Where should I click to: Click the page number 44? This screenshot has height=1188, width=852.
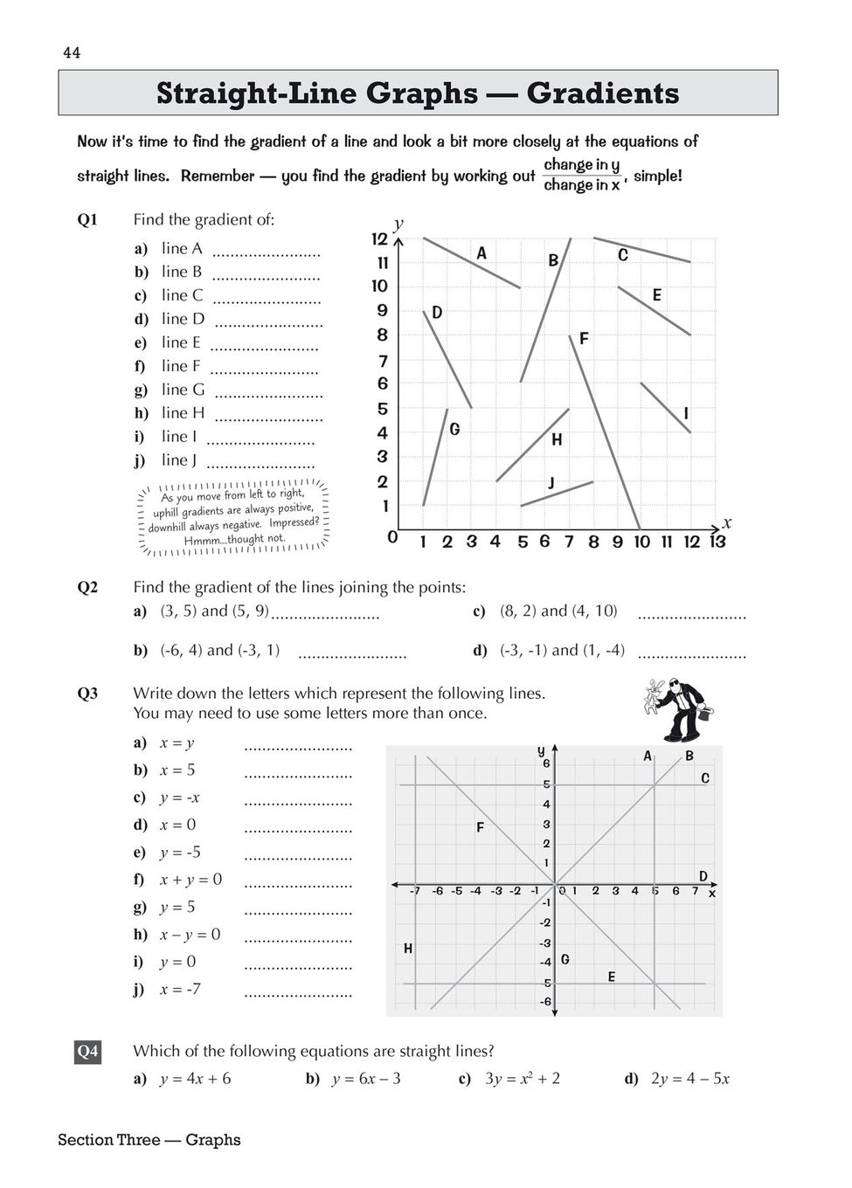(72, 53)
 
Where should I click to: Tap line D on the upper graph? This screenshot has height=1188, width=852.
(448, 359)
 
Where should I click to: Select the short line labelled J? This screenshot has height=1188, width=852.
(557, 494)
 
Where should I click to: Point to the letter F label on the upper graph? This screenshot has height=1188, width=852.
(584, 338)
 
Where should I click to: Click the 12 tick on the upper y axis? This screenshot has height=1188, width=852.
(379, 238)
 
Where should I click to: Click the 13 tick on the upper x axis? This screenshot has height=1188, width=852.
(717, 542)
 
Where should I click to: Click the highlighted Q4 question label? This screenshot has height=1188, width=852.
(87, 1051)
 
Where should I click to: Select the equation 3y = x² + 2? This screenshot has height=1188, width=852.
(523, 1079)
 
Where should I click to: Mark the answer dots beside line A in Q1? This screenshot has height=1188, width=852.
(267, 253)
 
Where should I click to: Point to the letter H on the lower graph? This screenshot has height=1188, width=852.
(408, 949)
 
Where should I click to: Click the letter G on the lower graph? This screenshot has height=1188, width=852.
(565, 959)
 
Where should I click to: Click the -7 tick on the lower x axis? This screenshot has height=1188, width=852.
(415, 892)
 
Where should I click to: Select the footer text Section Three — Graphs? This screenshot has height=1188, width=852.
(149, 1140)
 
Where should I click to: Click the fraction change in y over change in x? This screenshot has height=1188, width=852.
(581, 175)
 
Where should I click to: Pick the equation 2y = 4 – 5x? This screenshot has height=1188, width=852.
(690, 1079)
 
